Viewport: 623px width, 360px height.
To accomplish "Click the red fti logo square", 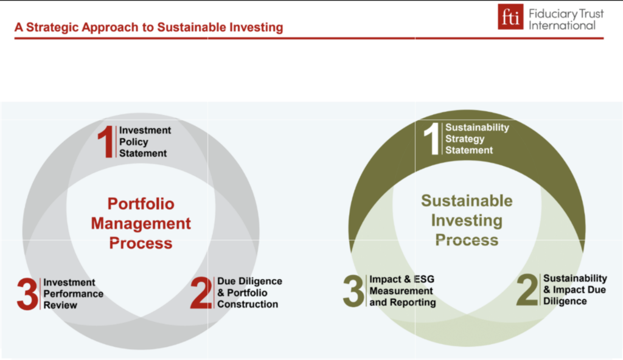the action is pyautogui.click(x=510, y=17).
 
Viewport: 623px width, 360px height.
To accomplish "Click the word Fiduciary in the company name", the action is pyautogui.click(x=552, y=15).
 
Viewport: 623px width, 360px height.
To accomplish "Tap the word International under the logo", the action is pyautogui.click(x=562, y=26).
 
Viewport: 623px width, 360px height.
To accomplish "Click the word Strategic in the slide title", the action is pyautogui.click(x=52, y=27).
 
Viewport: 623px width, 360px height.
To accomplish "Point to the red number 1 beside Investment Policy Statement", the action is pyautogui.click(x=106, y=142).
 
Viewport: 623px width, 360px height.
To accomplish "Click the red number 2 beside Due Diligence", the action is pyautogui.click(x=201, y=293).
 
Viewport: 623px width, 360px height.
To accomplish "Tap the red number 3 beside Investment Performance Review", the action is pyautogui.click(x=27, y=294).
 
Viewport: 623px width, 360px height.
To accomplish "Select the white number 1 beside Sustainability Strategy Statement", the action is pyautogui.click(x=432, y=139).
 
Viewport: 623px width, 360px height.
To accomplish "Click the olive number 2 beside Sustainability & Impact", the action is pyautogui.click(x=527, y=290).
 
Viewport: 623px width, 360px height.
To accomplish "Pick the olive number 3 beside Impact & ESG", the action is pyautogui.click(x=353, y=291).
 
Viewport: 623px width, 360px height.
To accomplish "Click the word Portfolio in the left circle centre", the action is pyautogui.click(x=141, y=204).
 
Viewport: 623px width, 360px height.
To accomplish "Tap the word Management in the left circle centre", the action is pyautogui.click(x=141, y=224).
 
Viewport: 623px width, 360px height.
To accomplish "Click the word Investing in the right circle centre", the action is pyautogui.click(x=467, y=221).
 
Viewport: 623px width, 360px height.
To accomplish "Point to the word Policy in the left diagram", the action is pyautogui.click(x=133, y=142).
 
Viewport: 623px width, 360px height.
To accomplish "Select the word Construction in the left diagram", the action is pyautogui.click(x=248, y=305).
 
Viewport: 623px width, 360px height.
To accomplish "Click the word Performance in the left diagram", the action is pyautogui.click(x=73, y=294).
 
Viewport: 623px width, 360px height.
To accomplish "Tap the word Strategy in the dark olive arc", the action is pyautogui.click(x=465, y=139).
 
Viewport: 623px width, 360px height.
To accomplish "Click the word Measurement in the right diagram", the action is pyautogui.click(x=401, y=291).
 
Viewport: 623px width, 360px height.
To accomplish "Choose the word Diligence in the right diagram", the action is pyautogui.click(x=565, y=301).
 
